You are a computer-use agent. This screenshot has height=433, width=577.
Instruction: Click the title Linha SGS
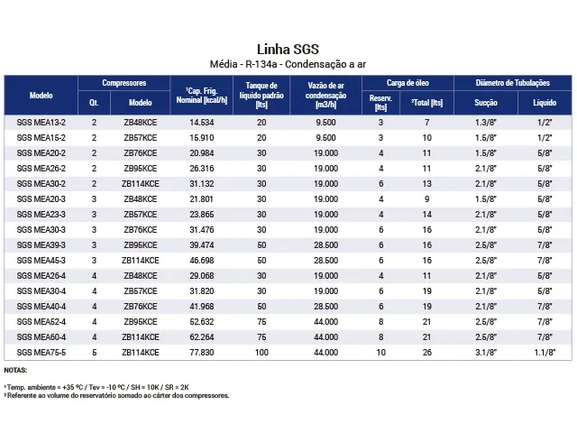click(x=288, y=49)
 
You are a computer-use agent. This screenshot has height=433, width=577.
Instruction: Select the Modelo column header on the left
click(x=41, y=94)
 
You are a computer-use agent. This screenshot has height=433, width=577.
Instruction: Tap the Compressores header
click(x=124, y=83)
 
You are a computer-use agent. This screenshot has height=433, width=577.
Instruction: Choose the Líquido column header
click(x=544, y=103)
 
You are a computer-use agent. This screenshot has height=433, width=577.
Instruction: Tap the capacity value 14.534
click(x=201, y=122)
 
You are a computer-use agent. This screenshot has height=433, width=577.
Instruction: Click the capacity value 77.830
click(x=201, y=353)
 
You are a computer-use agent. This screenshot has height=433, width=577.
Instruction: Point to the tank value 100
click(x=261, y=353)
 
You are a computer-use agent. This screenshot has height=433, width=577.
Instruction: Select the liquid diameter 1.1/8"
click(x=544, y=353)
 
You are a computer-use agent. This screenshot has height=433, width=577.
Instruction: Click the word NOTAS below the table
click(x=15, y=371)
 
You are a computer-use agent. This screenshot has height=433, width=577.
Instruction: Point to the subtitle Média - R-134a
click(x=288, y=64)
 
